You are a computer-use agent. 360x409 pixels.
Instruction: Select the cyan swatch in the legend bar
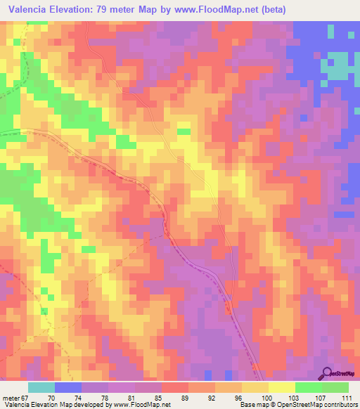pos(41,387)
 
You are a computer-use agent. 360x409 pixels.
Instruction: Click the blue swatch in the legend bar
pos(68,387)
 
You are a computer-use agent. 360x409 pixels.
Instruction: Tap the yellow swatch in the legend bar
pos(282,387)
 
